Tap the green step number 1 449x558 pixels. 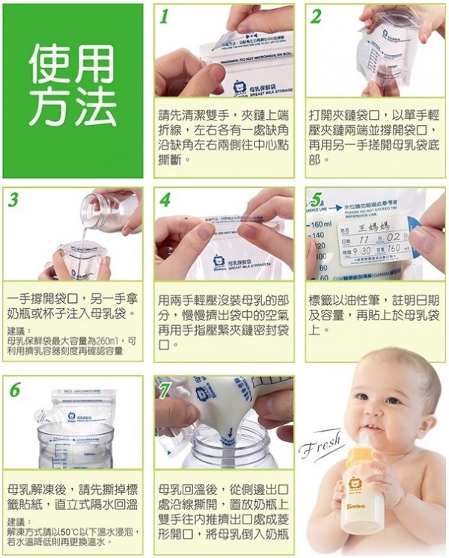click(x=164, y=17)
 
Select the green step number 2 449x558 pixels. click(x=317, y=17)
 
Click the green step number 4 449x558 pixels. click(x=165, y=200)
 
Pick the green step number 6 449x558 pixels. click(x=15, y=390)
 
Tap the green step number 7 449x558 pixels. click(x=166, y=389)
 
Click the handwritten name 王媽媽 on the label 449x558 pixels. click(x=375, y=226)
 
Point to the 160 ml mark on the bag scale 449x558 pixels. click(x=320, y=224)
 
